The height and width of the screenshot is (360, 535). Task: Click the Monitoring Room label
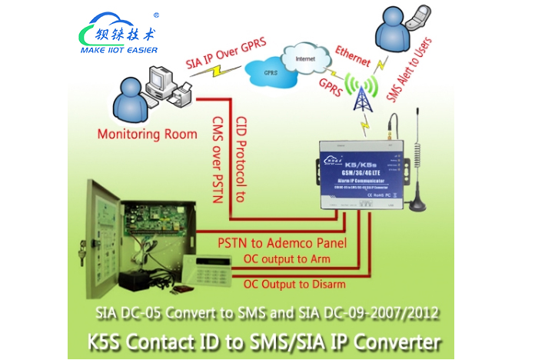(148, 134)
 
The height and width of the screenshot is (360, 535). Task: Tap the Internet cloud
(306, 57)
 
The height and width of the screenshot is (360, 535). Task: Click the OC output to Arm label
(286, 259)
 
